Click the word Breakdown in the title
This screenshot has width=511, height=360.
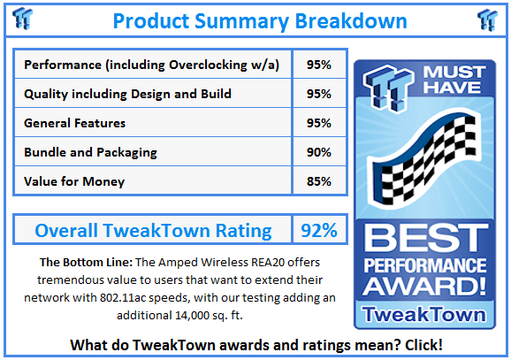click(349, 19)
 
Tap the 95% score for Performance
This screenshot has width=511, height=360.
click(320, 65)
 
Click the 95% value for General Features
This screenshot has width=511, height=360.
click(320, 123)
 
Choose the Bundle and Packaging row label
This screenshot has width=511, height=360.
click(90, 152)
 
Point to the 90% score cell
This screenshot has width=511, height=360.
click(320, 152)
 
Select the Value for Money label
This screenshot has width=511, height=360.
click(74, 181)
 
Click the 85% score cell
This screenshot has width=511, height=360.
click(320, 181)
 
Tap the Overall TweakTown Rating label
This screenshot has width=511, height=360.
click(153, 231)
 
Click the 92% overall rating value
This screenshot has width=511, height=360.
click(319, 231)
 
